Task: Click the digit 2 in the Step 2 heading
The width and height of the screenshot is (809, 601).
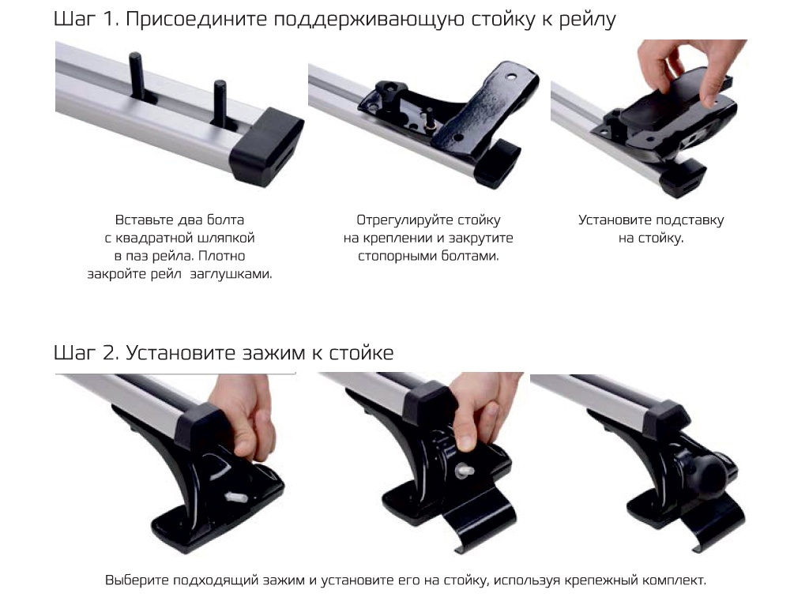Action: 107,353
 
